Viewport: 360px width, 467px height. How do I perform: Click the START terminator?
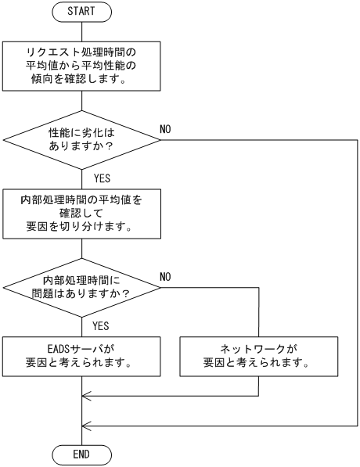82,13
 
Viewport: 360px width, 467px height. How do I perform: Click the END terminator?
82,454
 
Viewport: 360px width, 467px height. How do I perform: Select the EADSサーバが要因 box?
82,357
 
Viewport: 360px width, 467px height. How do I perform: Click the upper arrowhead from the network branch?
86,396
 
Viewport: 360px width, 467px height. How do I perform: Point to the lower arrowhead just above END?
86,426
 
